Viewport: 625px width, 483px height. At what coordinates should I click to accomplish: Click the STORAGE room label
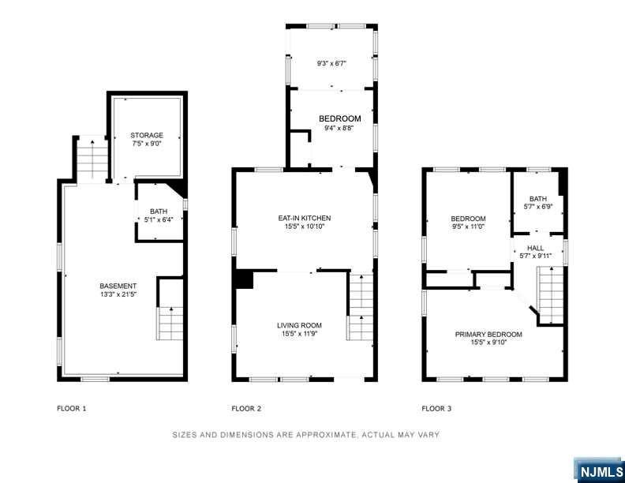click(147, 136)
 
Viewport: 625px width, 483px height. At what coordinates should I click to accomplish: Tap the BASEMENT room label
click(118, 286)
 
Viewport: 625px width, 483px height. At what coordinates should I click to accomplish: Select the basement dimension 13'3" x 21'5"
click(118, 294)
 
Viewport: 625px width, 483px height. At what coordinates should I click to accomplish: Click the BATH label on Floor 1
click(159, 212)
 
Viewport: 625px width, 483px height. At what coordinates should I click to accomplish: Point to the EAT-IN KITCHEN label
click(304, 218)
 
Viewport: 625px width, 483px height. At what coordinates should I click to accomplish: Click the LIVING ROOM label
click(299, 325)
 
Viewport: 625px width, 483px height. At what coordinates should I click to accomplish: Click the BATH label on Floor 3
click(538, 199)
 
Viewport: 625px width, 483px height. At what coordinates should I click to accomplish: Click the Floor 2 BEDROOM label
click(339, 119)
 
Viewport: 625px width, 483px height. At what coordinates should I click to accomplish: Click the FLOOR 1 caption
click(71, 409)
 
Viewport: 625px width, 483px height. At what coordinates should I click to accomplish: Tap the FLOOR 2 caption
click(246, 409)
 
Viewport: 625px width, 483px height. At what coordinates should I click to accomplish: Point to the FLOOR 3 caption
click(436, 409)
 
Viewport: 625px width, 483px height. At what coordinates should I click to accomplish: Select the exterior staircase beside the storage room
click(92, 159)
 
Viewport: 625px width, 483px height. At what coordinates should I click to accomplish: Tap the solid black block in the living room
click(242, 279)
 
